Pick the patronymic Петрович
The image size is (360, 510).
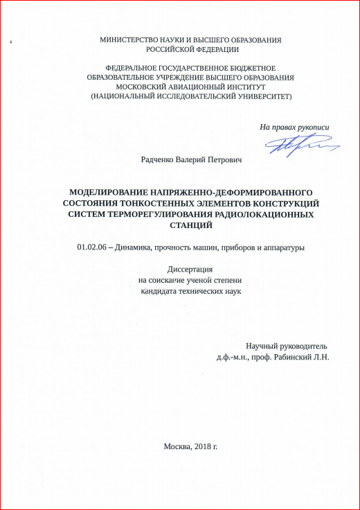(228, 160)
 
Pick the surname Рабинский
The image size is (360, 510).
(294, 357)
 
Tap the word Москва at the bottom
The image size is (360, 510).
(177, 446)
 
